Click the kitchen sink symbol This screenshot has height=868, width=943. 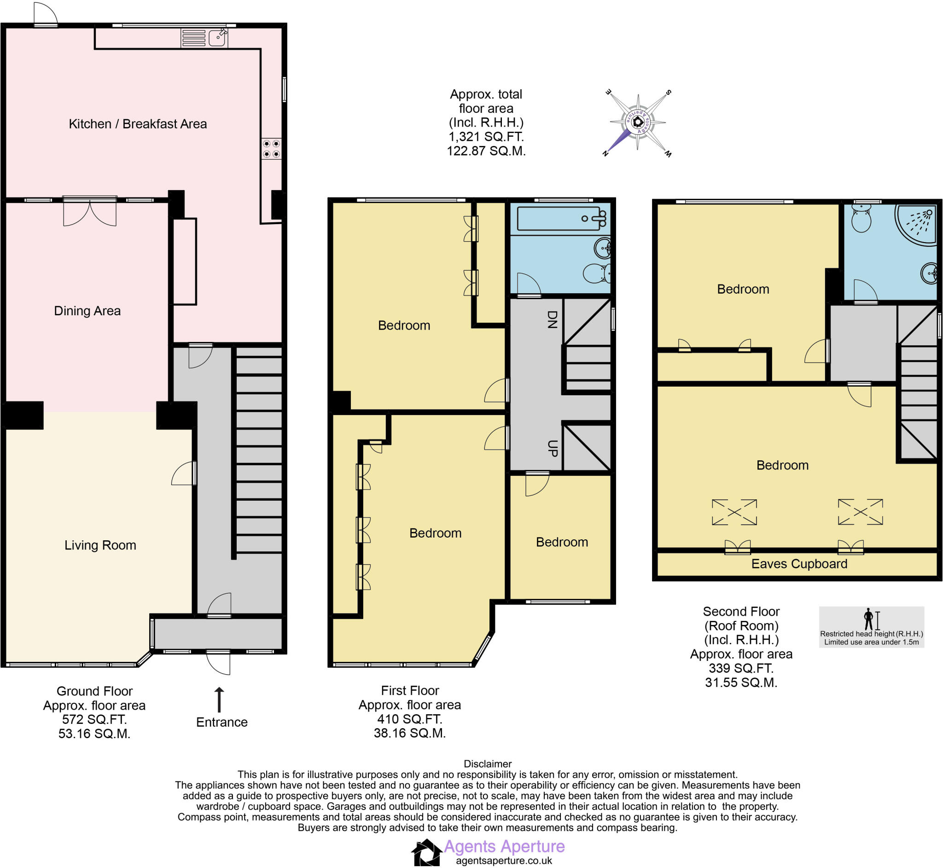217,38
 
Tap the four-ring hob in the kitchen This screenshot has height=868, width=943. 271,148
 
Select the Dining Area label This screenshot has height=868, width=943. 87,311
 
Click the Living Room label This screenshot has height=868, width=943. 100,545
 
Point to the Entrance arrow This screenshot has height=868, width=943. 219,700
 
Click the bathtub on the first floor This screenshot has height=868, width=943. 559,219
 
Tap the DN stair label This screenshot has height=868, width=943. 553,319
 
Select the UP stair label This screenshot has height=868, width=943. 553,448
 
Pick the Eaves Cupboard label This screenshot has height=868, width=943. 799,564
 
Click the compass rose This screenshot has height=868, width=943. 638,122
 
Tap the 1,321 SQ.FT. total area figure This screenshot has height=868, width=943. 486,137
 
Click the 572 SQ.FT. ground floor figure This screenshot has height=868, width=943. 94,719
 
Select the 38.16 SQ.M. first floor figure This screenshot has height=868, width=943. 409,733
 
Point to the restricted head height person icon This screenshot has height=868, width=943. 868,619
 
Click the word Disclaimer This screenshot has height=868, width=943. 487,764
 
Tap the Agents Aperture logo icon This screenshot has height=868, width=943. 426,852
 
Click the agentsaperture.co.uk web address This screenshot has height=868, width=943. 504,861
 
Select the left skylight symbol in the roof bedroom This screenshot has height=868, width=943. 734,512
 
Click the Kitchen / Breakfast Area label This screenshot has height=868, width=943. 138,124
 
